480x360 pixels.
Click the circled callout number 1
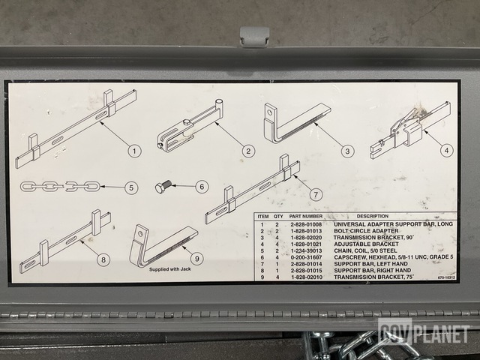(134, 151)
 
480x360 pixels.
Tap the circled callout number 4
(447, 150)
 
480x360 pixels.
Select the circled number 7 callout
(316, 194)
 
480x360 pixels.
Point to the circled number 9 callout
(196, 259)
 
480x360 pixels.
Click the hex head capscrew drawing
(163, 186)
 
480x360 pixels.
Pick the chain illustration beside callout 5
(60, 186)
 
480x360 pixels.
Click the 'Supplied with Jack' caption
(170, 269)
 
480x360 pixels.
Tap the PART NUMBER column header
(305, 217)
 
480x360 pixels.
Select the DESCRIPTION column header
(372, 216)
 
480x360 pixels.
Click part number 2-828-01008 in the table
(306, 224)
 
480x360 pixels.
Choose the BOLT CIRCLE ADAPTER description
(366, 231)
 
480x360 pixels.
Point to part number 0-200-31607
(306, 257)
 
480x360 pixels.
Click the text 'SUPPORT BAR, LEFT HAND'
(370, 264)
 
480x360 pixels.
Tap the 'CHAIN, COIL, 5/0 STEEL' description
(365, 250)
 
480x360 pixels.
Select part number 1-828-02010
(307, 277)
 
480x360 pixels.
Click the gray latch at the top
(254, 37)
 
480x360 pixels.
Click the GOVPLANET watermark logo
(424, 331)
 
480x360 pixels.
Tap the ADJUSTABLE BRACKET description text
(366, 244)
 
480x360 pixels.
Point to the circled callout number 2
(248, 151)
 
